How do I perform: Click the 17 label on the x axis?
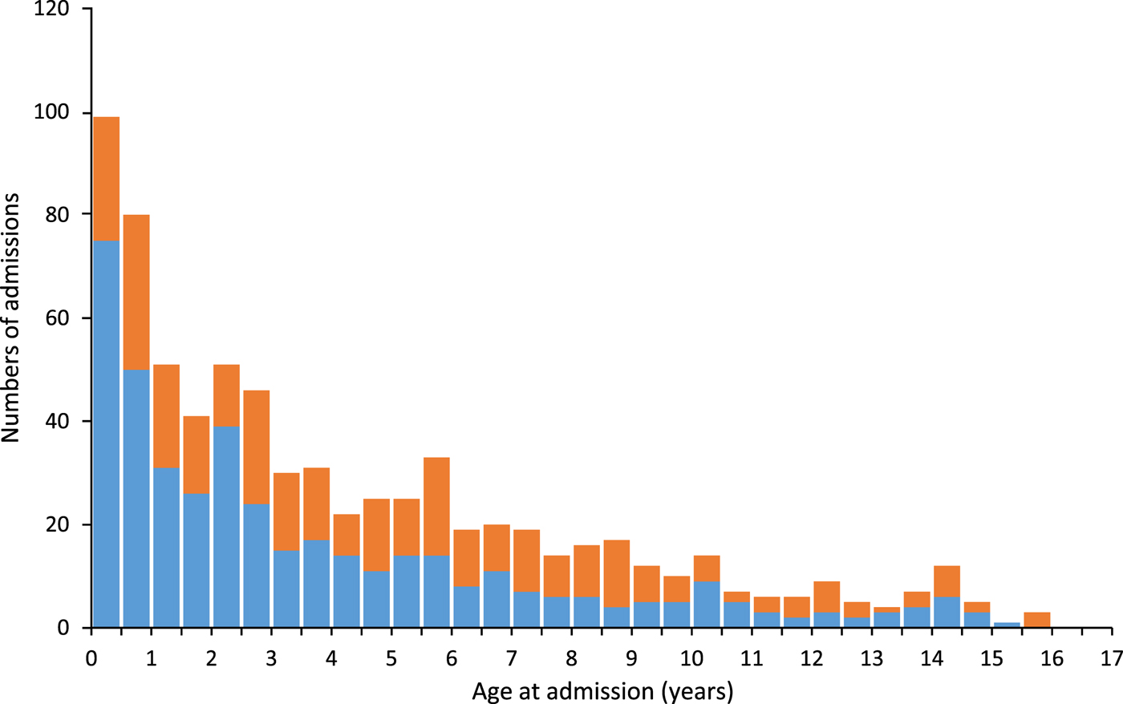(1112, 659)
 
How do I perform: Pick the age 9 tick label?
(632, 659)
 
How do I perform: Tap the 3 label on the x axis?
(272, 659)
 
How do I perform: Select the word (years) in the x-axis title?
(698, 690)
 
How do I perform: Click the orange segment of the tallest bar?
(107, 178)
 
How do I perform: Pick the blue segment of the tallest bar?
(107, 433)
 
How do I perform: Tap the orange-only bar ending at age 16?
(1037, 620)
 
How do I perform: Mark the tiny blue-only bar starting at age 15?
(1007, 625)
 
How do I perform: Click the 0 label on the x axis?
(92, 659)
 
